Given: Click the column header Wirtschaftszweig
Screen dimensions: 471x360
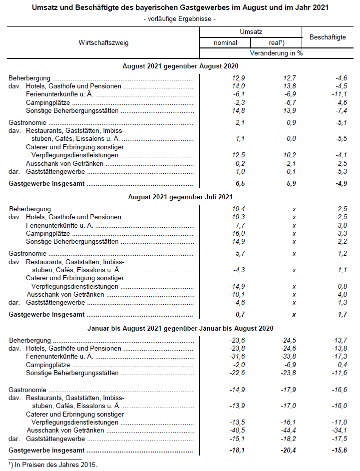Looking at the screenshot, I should [x=103, y=42].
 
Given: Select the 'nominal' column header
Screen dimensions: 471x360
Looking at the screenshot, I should [x=225, y=42].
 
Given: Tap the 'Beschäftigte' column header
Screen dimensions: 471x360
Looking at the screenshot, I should [x=328, y=37].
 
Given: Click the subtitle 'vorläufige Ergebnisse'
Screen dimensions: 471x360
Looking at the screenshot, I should [x=179, y=19].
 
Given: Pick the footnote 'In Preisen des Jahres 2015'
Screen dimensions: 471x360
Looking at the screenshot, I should [x=53, y=465].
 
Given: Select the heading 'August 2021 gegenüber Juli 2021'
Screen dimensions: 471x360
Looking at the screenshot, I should [x=180, y=197].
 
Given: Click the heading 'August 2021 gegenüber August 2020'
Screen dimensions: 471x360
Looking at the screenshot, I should [x=180, y=66].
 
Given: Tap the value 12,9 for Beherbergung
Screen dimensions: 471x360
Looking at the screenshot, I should [x=225, y=78].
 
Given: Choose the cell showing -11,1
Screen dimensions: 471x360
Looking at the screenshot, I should [x=339, y=94].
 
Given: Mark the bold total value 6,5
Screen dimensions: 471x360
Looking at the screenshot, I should [x=226, y=184].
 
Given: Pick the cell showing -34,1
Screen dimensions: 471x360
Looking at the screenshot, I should [x=339, y=430].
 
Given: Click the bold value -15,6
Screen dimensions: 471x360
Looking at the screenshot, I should [x=339, y=451].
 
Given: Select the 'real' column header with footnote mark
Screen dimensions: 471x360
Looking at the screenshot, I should [x=277, y=42].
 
